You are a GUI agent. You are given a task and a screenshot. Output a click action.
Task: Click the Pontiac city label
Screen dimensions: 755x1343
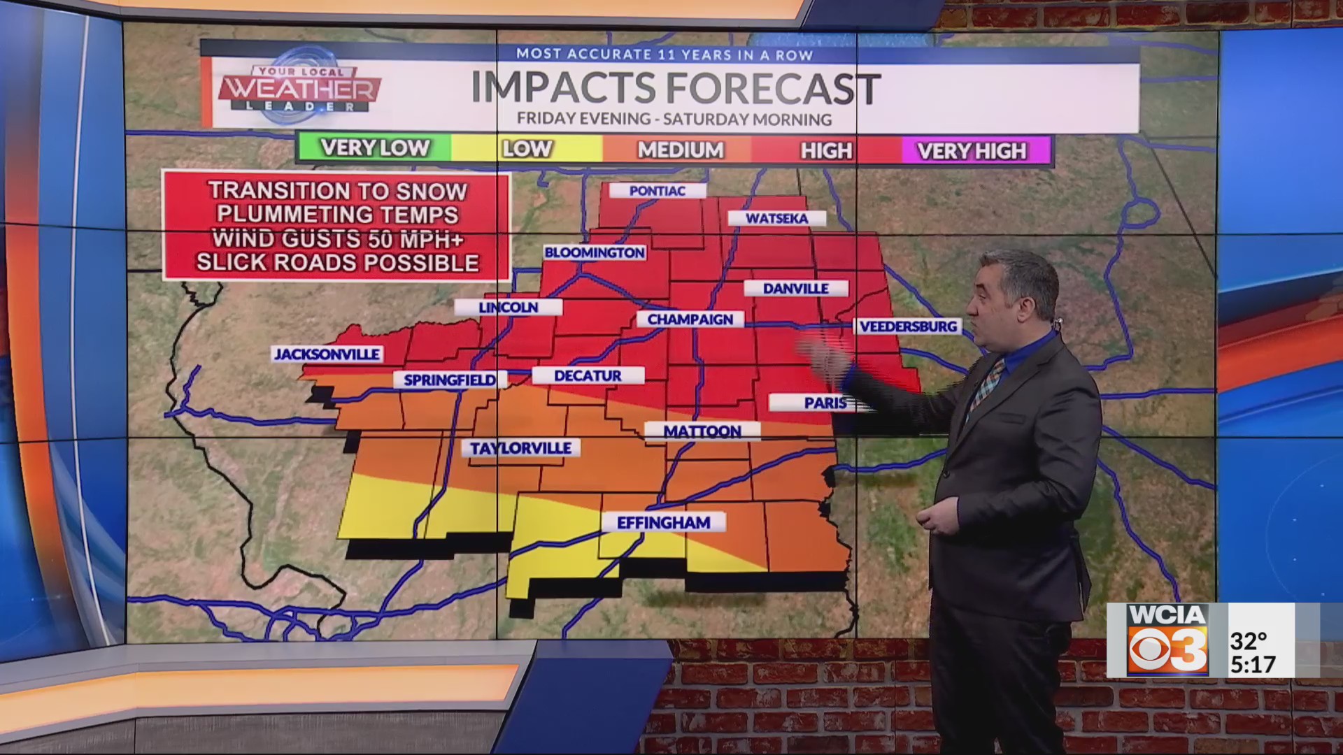tap(657, 191)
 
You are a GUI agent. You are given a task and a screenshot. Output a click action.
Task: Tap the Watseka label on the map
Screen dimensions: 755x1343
tap(776, 219)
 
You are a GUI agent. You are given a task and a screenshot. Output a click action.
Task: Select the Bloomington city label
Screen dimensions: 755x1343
tap(595, 252)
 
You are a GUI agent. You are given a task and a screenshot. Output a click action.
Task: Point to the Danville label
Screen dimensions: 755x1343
tap(795, 288)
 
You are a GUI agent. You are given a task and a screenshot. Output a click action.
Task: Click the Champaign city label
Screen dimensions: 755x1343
tap(690, 319)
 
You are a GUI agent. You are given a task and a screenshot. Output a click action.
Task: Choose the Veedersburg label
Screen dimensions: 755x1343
tap(908, 326)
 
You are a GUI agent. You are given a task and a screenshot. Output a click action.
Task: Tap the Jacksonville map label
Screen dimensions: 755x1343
tap(327, 354)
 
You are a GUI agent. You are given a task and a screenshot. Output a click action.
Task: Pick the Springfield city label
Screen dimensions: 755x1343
tap(449, 380)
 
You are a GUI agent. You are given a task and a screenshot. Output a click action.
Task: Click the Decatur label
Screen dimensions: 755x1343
tap(588, 376)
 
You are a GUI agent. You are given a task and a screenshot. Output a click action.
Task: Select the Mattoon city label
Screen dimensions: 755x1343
tap(702, 431)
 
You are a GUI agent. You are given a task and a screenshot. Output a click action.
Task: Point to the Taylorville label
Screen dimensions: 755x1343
tap(520, 448)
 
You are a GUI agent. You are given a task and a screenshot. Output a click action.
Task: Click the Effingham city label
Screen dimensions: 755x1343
tap(663, 523)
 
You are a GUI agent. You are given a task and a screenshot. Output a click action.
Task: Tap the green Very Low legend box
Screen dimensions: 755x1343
tap(374, 148)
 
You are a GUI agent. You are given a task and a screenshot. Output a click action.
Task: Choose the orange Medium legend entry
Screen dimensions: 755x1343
tap(680, 150)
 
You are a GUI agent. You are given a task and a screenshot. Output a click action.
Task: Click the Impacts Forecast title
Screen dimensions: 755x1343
tap(674, 89)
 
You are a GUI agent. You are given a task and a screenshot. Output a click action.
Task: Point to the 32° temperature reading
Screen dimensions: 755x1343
tap(1249, 640)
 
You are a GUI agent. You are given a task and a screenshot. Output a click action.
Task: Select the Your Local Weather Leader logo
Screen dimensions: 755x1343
tap(299, 89)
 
